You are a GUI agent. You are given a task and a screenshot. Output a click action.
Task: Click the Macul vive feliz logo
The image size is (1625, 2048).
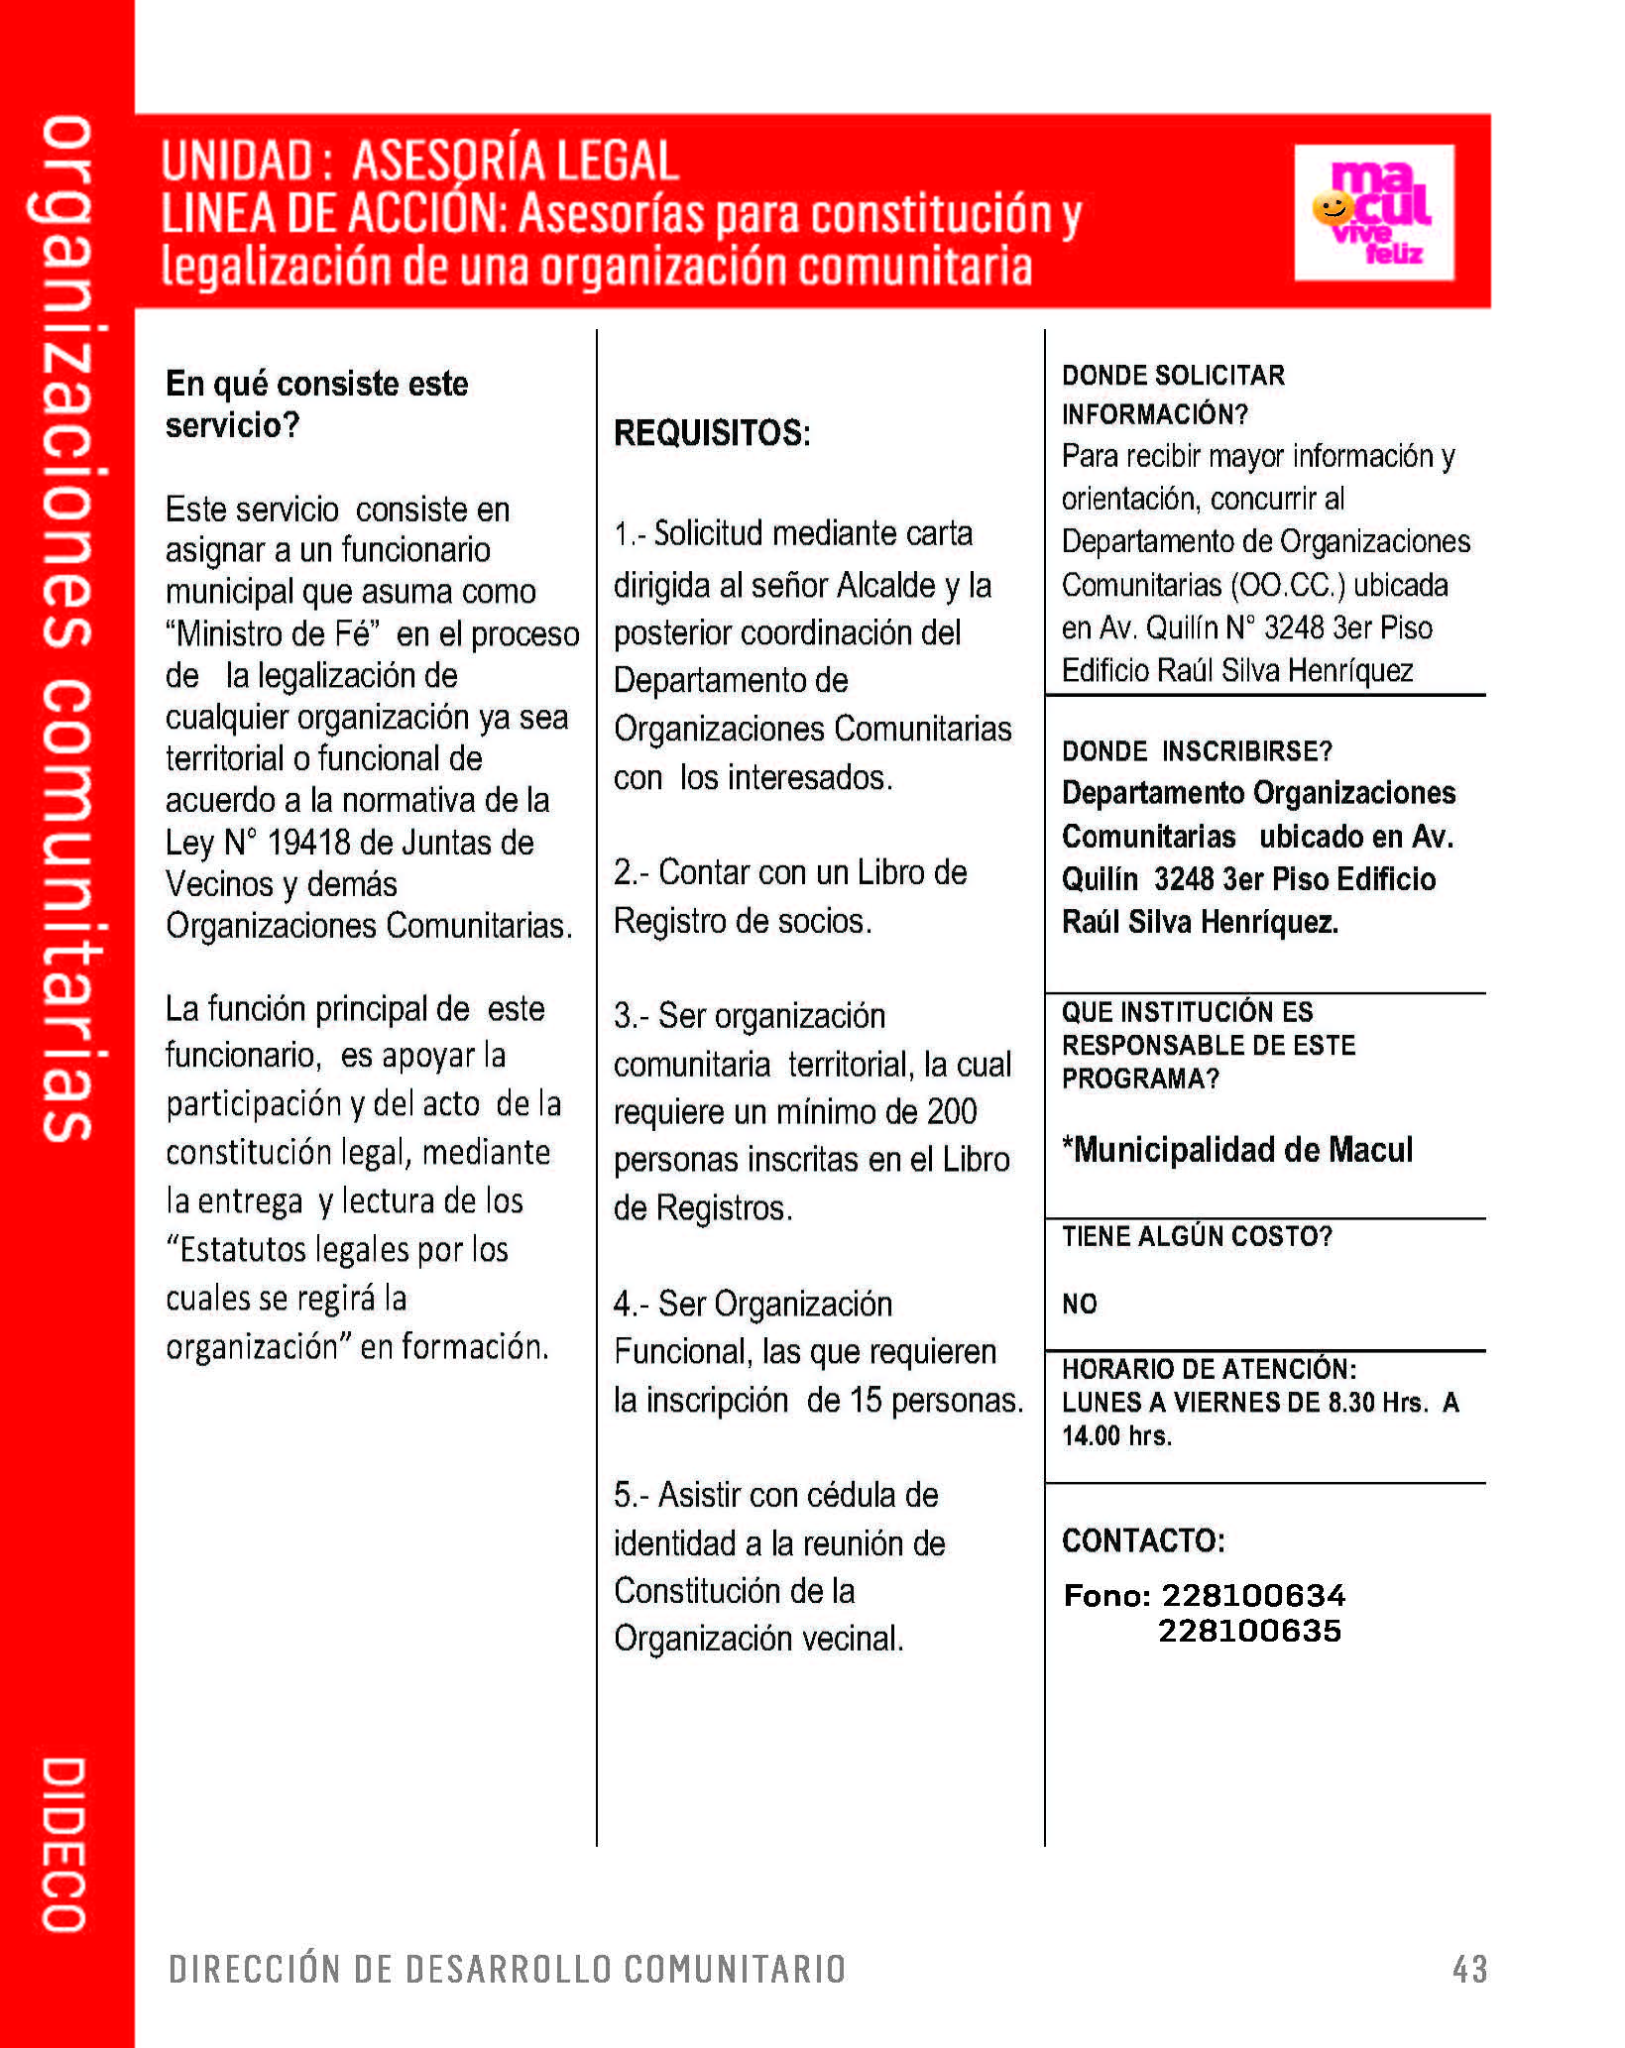click(x=1374, y=212)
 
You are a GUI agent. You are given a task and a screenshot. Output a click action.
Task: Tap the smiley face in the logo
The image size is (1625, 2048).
click(x=1332, y=208)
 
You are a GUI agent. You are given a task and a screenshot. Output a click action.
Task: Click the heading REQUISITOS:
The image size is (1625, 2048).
click(x=712, y=433)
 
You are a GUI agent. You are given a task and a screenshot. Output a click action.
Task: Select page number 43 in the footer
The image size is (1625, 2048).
click(x=1469, y=1969)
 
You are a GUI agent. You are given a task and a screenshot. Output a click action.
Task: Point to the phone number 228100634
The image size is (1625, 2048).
click(x=1253, y=1595)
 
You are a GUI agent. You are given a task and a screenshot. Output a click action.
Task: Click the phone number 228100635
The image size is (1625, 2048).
click(x=1249, y=1631)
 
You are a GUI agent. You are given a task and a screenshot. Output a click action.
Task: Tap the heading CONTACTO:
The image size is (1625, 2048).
click(x=1143, y=1540)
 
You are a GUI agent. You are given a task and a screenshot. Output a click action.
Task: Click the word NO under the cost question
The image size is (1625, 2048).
click(x=1080, y=1304)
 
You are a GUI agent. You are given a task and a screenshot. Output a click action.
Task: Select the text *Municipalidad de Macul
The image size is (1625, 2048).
click(x=1237, y=1150)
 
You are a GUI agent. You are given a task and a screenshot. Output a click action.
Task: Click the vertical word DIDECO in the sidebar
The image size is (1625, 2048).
click(x=64, y=1844)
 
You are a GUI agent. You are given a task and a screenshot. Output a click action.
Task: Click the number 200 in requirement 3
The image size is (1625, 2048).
click(x=952, y=1112)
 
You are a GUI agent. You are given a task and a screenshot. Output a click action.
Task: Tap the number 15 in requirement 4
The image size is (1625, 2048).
click(x=866, y=1400)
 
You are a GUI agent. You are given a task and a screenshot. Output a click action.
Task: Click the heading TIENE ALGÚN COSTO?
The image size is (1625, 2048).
click(x=1197, y=1236)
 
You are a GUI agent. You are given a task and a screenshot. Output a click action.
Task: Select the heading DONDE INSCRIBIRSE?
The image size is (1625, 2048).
click(x=1197, y=751)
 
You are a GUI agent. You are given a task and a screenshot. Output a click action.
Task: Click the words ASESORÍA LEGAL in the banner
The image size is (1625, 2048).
click(x=516, y=161)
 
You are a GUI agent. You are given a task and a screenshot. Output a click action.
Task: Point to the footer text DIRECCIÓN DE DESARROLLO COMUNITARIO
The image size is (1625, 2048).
click(x=507, y=1969)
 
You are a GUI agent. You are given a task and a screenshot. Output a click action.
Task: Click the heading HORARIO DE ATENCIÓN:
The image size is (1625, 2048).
click(x=1209, y=1369)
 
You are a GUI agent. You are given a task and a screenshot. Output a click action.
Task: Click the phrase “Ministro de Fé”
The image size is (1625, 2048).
click(x=274, y=633)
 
